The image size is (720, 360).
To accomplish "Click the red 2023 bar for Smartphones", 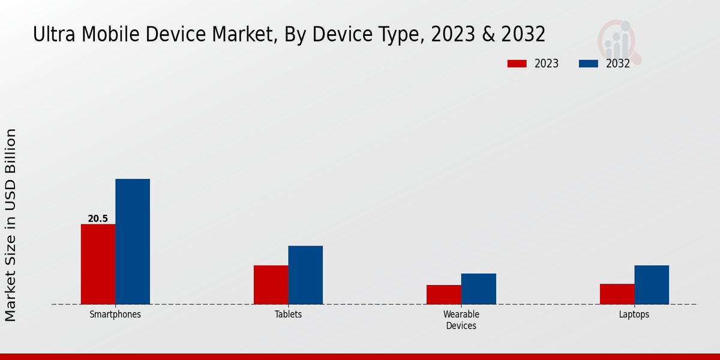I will [x=98, y=264].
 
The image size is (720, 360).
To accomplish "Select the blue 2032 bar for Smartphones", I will [x=133, y=241].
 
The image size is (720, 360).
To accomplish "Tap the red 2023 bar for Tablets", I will [x=271, y=284].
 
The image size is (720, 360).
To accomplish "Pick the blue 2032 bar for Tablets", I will [x=305, y=275].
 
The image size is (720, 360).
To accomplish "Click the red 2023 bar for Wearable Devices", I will [x=444, y=295].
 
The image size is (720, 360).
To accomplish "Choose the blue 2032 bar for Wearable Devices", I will [x=479, y=289].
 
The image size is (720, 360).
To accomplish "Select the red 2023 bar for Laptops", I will [x=617, y=294].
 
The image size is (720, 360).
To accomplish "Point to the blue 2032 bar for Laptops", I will [x=652, y=284].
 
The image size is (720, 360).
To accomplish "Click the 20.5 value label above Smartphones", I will [x=98, y=219].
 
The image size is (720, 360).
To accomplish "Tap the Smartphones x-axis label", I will [x=115, y=314].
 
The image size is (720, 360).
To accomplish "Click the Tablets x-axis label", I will [x=288, y=314].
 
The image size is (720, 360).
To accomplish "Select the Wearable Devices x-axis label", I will [x=461, y=320].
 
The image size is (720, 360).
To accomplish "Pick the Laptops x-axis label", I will [x=634, y=314].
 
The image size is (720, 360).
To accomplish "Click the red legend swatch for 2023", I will [x=517, y=64].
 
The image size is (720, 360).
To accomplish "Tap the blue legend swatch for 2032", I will [x=589, y=64].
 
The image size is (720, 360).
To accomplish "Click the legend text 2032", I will [x=618, y=64].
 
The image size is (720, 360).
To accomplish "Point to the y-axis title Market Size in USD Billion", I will [x=11, y=225].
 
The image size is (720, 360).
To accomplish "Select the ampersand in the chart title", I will [x=487, y=35].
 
